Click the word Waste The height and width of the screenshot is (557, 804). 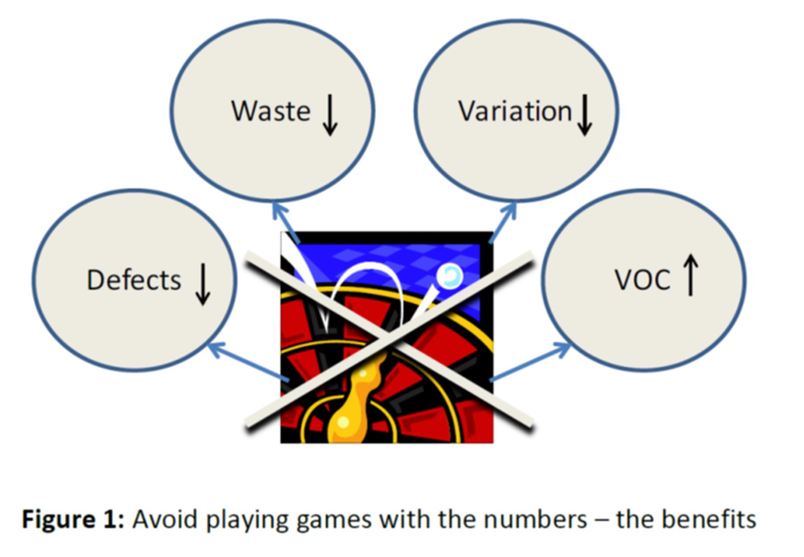[x=271, y=111]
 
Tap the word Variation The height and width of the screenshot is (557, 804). [x=515, y=111]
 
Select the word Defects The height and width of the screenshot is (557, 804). [x=134, y=280]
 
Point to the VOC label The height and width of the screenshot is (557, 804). [x=642, y=280]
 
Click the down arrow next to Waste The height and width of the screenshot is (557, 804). [x=330, y=115]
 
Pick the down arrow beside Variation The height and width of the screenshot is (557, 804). [x=585, y=115]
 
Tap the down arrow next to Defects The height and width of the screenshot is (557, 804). [x=203, y=284]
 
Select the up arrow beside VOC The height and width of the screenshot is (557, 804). [x=690, y=275]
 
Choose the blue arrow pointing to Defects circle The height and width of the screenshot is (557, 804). [x=248, y=362]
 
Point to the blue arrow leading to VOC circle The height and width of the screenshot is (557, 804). [x=530, y=362]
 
